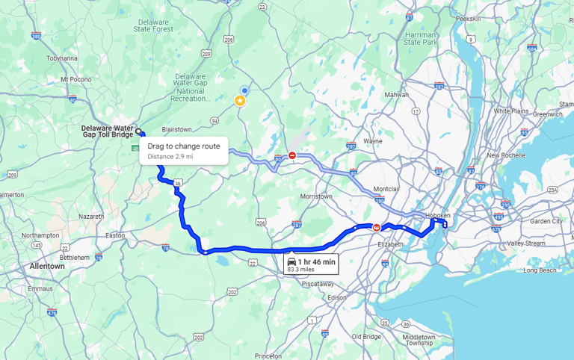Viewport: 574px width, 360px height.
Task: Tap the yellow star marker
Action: coord(240,101)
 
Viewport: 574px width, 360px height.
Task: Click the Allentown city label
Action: coord(47,266)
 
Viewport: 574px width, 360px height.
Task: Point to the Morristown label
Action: coord(315,196)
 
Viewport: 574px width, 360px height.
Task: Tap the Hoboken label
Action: coord(437,215)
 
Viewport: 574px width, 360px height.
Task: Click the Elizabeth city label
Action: coord(391,244)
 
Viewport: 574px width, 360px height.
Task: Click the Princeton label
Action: coord(268,356)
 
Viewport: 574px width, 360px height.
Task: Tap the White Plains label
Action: coord(511,111)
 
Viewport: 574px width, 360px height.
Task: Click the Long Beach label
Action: coord(540,270)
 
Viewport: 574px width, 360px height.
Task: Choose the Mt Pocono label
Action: coord(75,78)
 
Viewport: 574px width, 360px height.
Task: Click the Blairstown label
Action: coord(176,129)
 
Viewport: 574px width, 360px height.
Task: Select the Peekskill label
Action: coord(468,18)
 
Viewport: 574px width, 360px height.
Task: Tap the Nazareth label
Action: coord(91,216)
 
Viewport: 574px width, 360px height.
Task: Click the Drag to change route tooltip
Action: coord(183,151)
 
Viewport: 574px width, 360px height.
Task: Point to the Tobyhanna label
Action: coord(62,58)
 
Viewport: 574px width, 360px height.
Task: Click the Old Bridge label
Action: coord(366,336)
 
